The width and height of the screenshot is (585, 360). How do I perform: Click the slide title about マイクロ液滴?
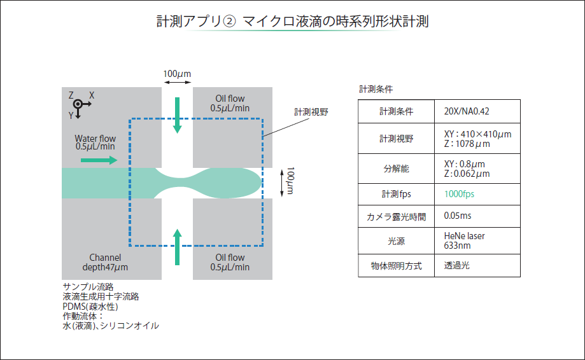(x=292, y=22)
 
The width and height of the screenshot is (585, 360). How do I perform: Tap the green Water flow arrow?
(x=99, y=160)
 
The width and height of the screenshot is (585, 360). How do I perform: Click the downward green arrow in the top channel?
(x=178, y=115)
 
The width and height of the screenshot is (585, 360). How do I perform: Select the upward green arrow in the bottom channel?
(x=178, y=247)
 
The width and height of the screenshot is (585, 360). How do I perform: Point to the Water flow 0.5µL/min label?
(x=95, y=142)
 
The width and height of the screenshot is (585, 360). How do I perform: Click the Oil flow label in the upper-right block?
(x=230, y=103)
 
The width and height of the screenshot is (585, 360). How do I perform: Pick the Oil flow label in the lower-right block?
(x=230, y=262)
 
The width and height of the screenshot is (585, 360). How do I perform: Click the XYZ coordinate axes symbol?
(x=78, y=105)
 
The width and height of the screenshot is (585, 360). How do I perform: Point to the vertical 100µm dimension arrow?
(x=283, y=182)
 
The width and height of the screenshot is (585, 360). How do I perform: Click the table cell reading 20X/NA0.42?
(x=467, y=111)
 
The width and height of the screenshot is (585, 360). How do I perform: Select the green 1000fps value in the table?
(x=459, y=193)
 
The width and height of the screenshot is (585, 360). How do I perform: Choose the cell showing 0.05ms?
(x=458, y=216)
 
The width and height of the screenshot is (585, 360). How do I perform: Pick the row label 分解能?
(x=396, y=169)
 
